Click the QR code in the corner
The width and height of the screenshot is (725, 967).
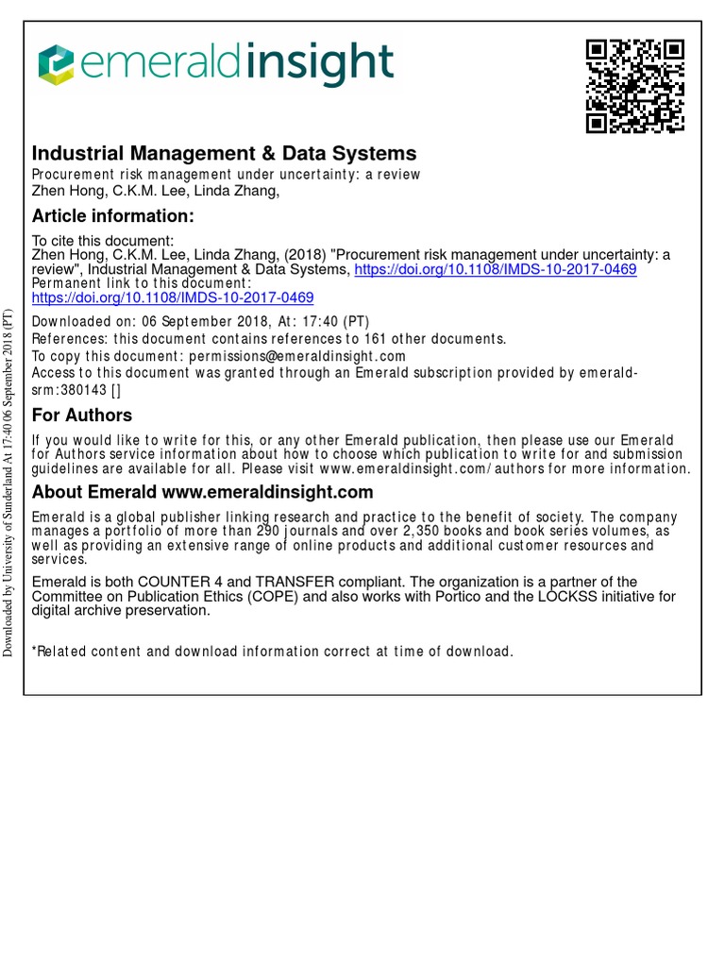pos(634,86)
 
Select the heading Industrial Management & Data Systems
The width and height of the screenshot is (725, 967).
pos(224,153)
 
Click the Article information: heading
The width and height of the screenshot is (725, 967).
pos(113,216)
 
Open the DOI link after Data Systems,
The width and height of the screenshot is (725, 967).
pos(495,269)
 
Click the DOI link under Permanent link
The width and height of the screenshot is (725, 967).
pos(173,297)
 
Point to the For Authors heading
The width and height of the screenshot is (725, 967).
pos(82,416)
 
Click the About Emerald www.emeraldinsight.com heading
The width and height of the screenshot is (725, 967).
pos(202,492)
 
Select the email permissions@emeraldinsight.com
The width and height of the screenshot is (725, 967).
pos(297,356)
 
